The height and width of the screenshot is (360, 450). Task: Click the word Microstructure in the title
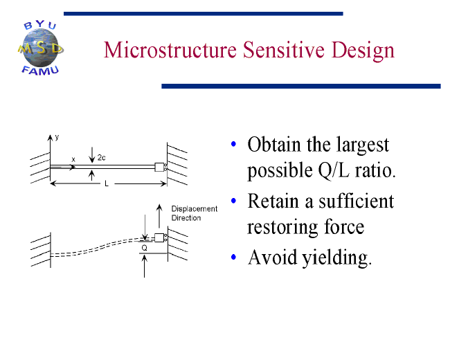(170, 50)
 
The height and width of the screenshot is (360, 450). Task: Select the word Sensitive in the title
(284, 50)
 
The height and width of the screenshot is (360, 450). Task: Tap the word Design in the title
(363, 51)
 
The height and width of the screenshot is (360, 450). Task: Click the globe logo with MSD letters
(40, 48)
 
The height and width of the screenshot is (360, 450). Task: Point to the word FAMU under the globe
(40, 71)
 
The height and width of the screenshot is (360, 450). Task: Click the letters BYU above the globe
(40, 25)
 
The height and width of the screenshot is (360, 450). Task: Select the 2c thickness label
(101, 158)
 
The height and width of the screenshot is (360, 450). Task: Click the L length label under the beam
(107, 183)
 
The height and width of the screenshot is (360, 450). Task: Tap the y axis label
(57, 137)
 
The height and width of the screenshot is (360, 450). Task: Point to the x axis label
(73, 160)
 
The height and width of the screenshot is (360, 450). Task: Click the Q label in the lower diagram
(145, 248)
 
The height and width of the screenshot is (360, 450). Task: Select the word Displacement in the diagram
(195, 208)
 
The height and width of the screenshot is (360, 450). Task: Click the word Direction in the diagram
(186, 218)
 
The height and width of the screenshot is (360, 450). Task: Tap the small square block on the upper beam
(159, 167)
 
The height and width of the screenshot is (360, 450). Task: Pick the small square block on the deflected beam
(159, 237)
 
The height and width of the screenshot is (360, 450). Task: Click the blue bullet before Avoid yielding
(233, 257)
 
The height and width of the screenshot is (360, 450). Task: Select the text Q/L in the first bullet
(334, 170)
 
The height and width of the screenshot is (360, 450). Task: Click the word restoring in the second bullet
(283, 228)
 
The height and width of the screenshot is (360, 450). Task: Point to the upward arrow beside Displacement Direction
(159, 216)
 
